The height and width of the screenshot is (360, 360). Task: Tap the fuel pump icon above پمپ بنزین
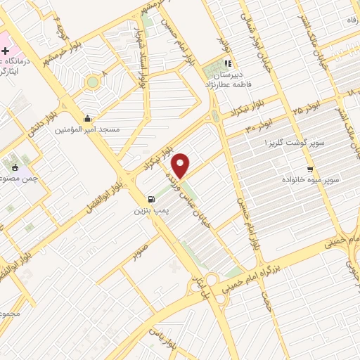[152, 199]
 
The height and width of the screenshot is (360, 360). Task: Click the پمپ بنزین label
[151, 210]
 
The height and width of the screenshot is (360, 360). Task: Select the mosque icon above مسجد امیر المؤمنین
[86, 118]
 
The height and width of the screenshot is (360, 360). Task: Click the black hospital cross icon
[6, 51]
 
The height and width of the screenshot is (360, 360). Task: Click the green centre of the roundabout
[92, 83]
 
